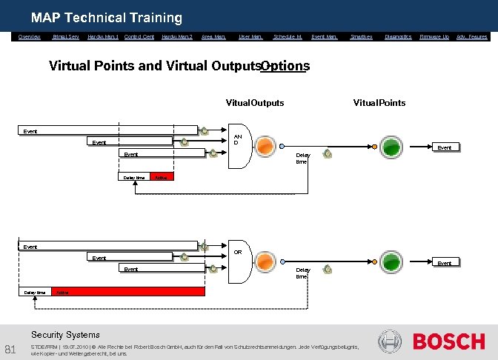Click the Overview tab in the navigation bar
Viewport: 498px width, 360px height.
pos(30,36)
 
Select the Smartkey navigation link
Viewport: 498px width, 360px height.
pos(361,36)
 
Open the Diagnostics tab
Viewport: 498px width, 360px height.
pos(398,36)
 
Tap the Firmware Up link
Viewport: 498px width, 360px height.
pos(434,36)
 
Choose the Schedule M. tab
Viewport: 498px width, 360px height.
pos(288,36)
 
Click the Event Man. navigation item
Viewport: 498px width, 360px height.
pos(324,36)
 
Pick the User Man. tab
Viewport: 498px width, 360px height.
pos(250,36)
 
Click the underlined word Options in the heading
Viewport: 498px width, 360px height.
pos(285,66)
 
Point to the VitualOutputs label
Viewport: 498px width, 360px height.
pos(254,103)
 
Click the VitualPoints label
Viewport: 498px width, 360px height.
pos(379,103)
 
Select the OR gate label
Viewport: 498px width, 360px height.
pos(238,252)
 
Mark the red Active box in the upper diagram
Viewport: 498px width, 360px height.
pos(162,178)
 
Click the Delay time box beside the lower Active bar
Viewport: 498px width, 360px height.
pos(35,293)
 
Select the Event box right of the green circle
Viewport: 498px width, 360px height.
pos(445,147)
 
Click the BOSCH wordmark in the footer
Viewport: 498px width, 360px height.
pos(448,341)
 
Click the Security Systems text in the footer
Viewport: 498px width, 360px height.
pos(65,335)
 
